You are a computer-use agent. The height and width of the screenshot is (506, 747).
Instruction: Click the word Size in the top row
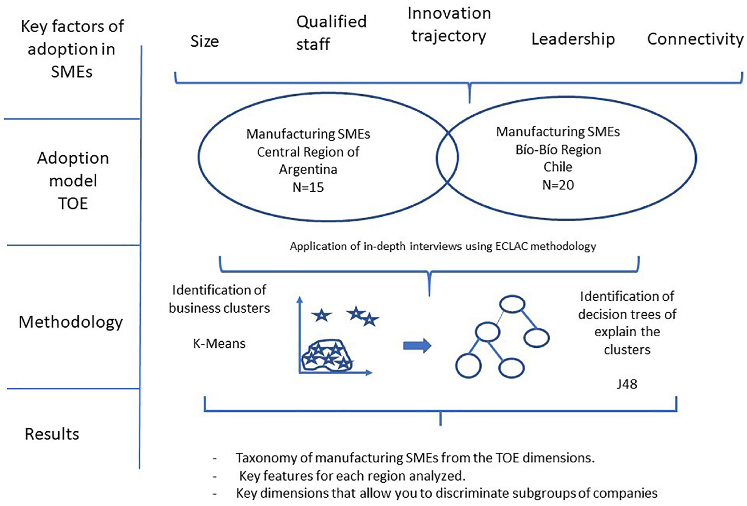[205, 42]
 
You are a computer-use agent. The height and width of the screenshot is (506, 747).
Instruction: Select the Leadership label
[573, 39]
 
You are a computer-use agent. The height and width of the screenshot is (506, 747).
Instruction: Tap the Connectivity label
[695, 39]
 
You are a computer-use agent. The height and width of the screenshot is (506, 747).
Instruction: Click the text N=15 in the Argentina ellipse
[308, 188]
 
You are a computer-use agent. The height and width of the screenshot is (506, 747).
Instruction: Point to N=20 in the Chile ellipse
[558, 185]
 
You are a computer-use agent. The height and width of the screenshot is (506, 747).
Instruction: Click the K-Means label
[219, 343]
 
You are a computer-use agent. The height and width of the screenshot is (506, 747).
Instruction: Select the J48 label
[627, 384]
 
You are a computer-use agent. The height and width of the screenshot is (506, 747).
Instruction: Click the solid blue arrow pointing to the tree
[417, 346]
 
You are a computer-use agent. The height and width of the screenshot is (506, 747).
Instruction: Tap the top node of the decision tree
[512, 304]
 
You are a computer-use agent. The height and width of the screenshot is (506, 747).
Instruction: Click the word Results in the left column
[52, 434]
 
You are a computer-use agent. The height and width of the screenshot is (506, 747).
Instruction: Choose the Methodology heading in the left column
[71, 322]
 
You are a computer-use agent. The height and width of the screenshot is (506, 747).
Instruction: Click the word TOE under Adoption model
[73, 204]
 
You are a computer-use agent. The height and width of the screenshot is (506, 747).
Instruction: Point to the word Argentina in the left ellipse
[308, 169]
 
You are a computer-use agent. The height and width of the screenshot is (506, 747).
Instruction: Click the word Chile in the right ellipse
[558, 167]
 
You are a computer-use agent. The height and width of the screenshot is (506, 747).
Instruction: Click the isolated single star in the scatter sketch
[322, 315]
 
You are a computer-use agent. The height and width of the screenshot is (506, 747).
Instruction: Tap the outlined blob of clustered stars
[327, 355]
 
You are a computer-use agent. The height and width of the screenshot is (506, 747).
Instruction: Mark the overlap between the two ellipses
[447, 157]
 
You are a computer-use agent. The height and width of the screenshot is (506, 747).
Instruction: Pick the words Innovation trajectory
[449, 25]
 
